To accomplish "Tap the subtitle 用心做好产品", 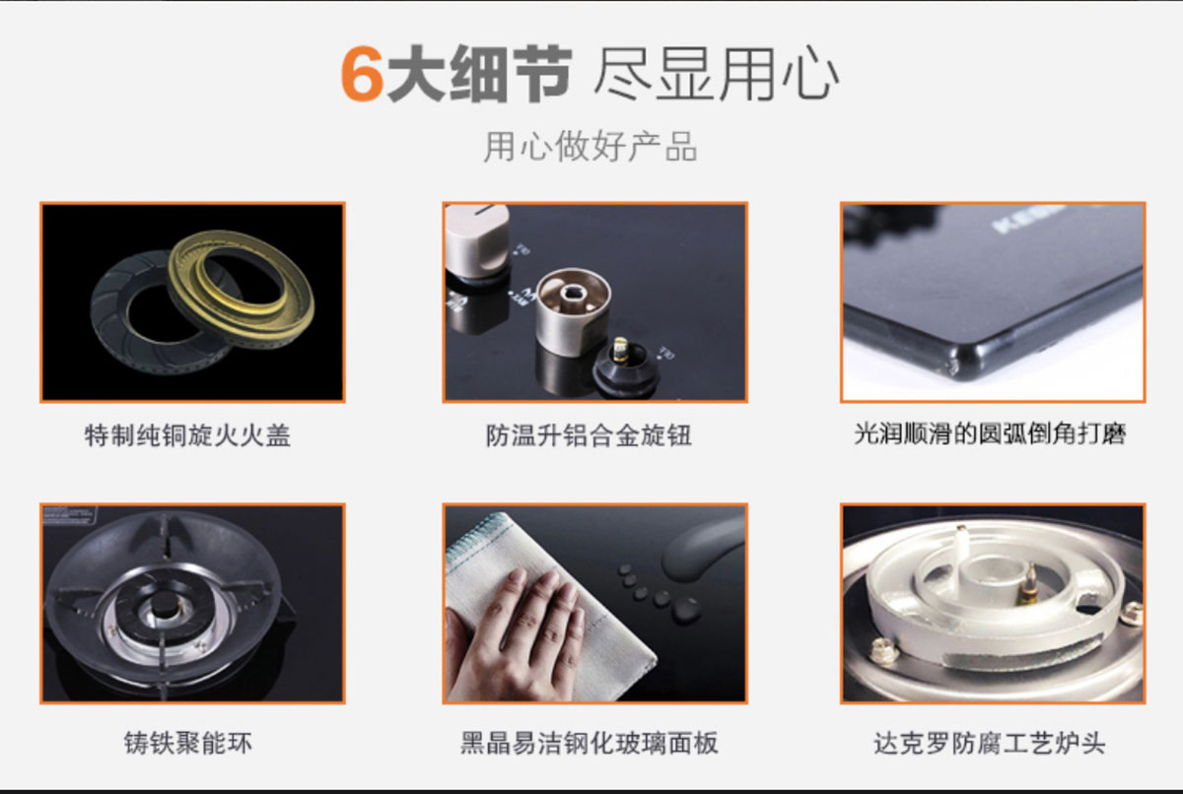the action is [591, 146].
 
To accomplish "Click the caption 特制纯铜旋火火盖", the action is [187, 435].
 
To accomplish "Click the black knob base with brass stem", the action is [625, 365].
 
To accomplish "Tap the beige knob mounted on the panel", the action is [476, 241].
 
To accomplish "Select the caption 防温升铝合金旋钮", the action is [589, 435].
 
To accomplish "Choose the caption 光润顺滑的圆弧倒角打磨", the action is [990, 434].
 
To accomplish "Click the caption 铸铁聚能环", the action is [188, 744].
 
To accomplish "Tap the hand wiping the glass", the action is [515, 633].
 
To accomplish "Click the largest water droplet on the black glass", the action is [686, 611].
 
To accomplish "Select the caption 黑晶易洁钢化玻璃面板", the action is [589, 744].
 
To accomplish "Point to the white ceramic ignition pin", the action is [961, 548].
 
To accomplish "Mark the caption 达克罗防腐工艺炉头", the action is [990, 744].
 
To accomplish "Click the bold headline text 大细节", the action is [479, 73].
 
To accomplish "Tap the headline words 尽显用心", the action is [717, 73].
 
